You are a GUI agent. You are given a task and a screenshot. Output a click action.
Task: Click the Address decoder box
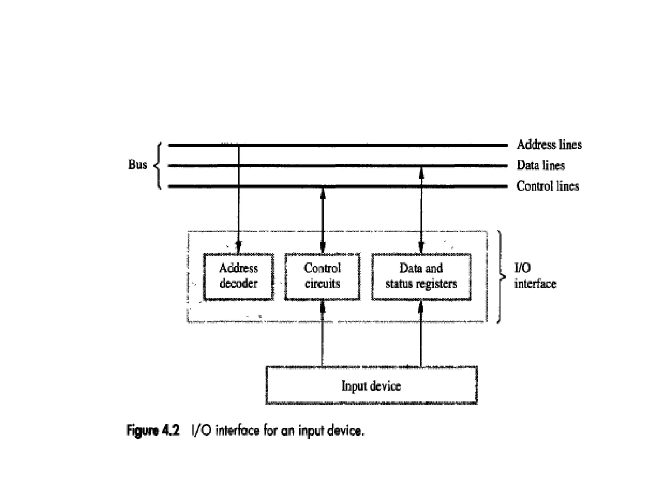(238, 276)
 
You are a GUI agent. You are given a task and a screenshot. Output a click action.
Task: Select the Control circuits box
(322, 276)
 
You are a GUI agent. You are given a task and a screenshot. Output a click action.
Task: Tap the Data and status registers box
(421, 276)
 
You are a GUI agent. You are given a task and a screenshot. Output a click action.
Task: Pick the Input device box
(371, 385)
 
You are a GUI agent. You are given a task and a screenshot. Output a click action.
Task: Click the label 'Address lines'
(549, 145)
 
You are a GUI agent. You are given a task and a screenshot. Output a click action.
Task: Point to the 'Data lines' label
(540, 165)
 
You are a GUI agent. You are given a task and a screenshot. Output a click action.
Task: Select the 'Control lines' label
(547, 186)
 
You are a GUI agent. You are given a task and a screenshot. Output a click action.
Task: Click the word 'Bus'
(137, 165)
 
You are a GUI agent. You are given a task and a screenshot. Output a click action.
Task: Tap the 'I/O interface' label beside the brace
(534, 276)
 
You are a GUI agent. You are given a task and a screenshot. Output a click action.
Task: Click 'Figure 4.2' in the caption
(153, 431)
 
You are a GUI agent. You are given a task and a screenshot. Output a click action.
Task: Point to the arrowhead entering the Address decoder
(239, 248)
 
